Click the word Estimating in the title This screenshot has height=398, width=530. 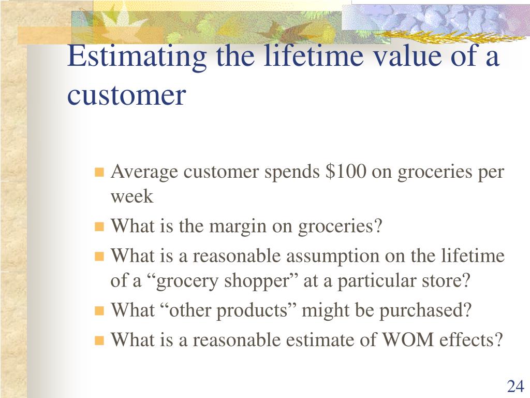(x=137, y=56)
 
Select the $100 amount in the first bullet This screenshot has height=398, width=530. (x=345, y=171)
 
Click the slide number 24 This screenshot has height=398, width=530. (x=516, y=386)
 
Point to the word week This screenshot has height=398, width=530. (x=132, y=196)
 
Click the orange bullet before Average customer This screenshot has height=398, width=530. (x=99, y=172)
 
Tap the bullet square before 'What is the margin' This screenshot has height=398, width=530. (x=99, y=226)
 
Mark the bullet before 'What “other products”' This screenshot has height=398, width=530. (x=99, y=311)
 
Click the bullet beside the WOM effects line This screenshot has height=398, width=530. (x=99, y=340)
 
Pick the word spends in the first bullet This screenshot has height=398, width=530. (x=292, y=172)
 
